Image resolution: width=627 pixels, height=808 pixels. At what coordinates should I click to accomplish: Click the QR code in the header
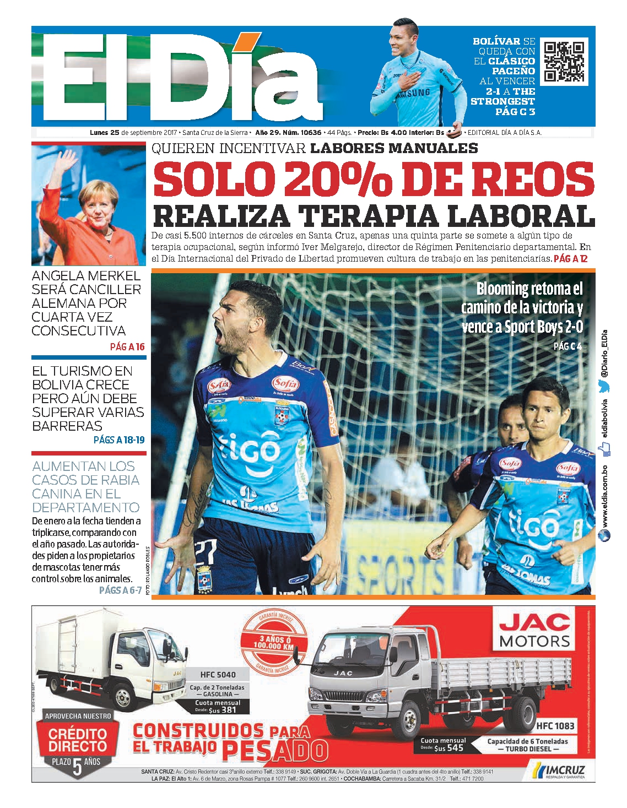coord(563,62)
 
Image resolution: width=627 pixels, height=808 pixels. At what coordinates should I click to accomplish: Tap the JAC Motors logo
coord(535,630)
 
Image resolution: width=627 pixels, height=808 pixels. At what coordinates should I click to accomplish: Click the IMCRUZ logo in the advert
coord(558,770)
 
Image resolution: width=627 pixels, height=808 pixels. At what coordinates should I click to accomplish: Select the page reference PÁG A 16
coord(127,346)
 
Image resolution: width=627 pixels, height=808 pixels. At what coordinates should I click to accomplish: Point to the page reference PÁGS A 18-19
coord(119,440)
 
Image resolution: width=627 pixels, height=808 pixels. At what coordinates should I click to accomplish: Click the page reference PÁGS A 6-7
coord(120,590)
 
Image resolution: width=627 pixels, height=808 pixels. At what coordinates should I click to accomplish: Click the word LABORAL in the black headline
coord(521,215)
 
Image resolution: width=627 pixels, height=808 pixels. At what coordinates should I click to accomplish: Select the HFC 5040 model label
coord(218,674)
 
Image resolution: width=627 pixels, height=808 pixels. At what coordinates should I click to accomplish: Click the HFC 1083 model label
coord(555,726)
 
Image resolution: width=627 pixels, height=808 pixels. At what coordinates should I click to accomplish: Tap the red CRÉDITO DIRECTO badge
coord(77,740)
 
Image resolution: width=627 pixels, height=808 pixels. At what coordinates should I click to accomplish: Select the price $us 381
coord(222,710)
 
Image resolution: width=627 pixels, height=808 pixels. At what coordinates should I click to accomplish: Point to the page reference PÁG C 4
coord(567,346)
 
